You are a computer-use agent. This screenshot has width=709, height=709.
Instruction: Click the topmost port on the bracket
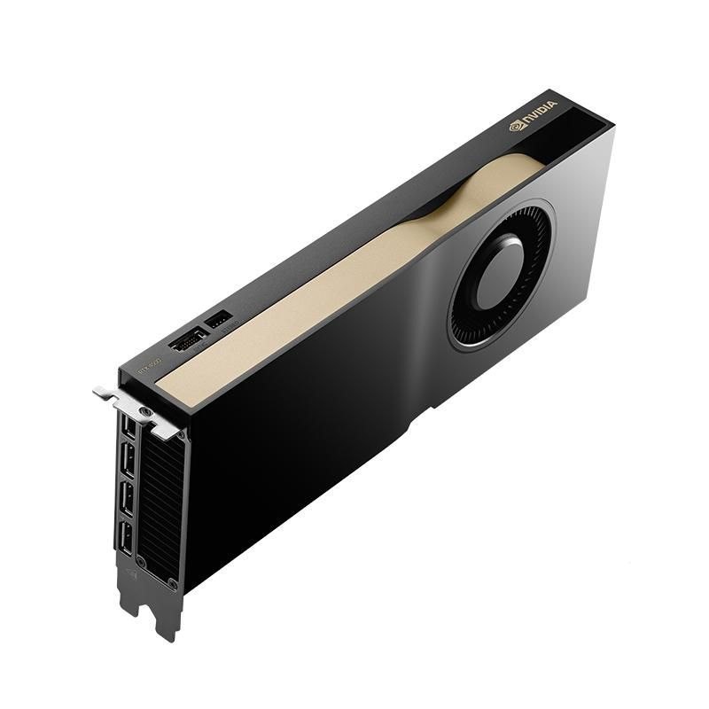click(x=129, y=428)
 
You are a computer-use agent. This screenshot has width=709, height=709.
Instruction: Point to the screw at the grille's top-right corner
click(x=180, y=436)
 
